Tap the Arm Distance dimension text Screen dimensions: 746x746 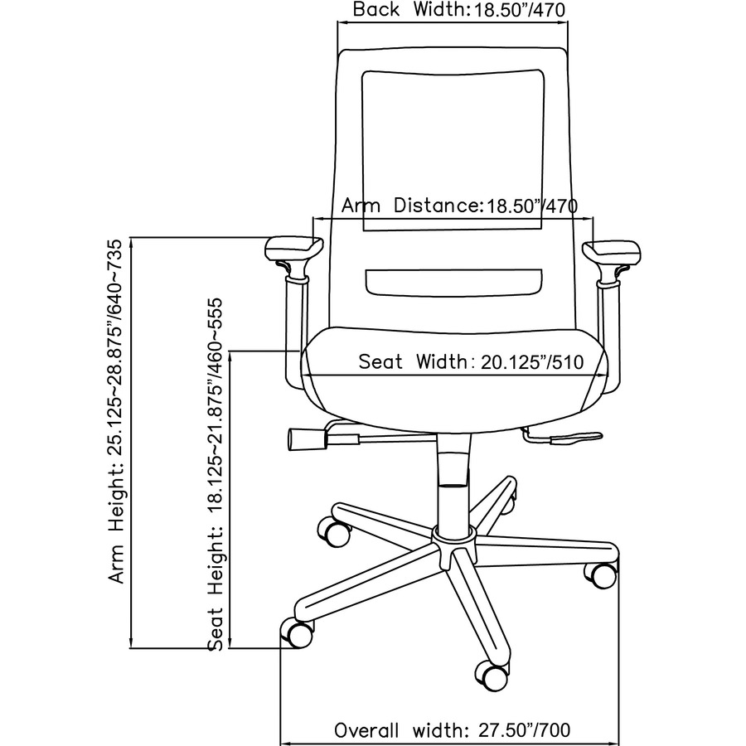pyautogui.click(x=459, y=205)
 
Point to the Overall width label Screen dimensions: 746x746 pyautogui.click(x=452, y=730)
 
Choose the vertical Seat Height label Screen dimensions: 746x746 pyautogui.click(x=217, y=474)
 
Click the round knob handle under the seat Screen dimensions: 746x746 pyautogui.click(x=303, y=438)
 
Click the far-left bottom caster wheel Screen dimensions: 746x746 pyautogui.click(x=298, y=634)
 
